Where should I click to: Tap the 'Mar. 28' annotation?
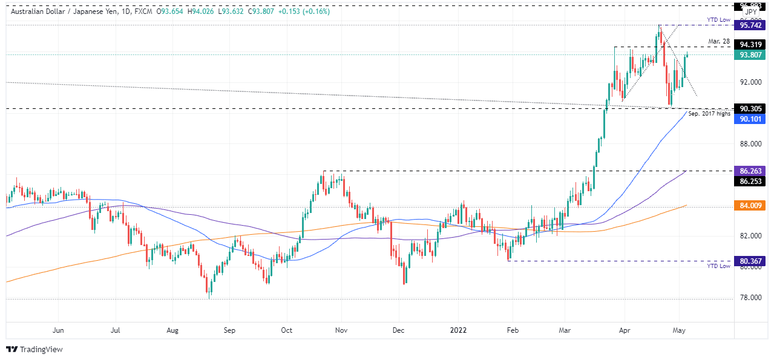tap(720, 41)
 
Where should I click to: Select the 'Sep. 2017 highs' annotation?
tap(709, 113)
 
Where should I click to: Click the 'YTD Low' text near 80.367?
tap(719, 266)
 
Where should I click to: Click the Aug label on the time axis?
tap(172, 330)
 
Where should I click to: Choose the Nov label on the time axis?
tap(341, 330)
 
